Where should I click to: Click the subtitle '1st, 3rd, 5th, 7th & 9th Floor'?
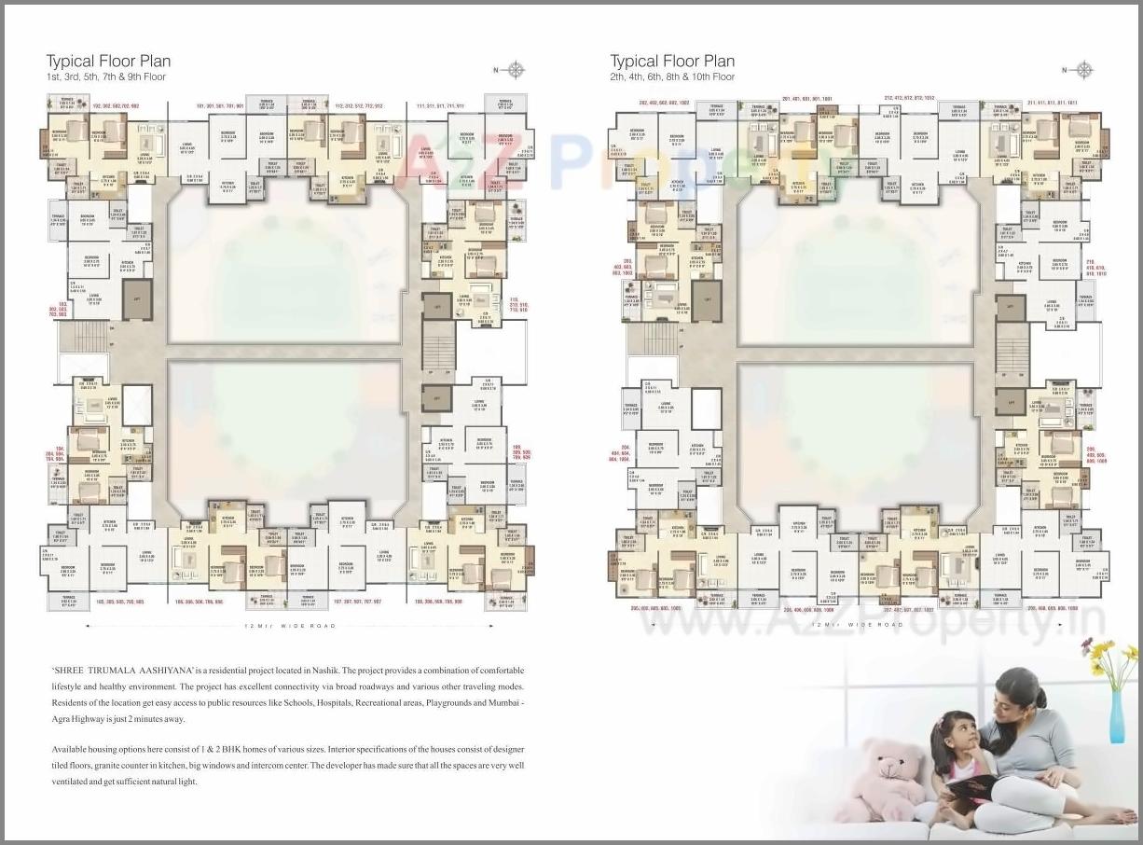(x=106, y=77)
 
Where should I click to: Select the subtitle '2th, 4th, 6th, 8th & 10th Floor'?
(x=672, y=77)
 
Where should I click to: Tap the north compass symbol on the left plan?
(x=516, y=69)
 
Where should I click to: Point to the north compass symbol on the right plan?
(x=1083, y=69)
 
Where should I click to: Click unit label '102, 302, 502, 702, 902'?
(x=116, y=106)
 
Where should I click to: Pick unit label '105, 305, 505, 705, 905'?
(x=119, y=602)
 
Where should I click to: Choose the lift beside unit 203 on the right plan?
(x=706, y=300)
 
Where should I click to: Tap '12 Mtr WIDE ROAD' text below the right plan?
(x=858, y=623)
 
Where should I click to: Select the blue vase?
(x=1116, y=713)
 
